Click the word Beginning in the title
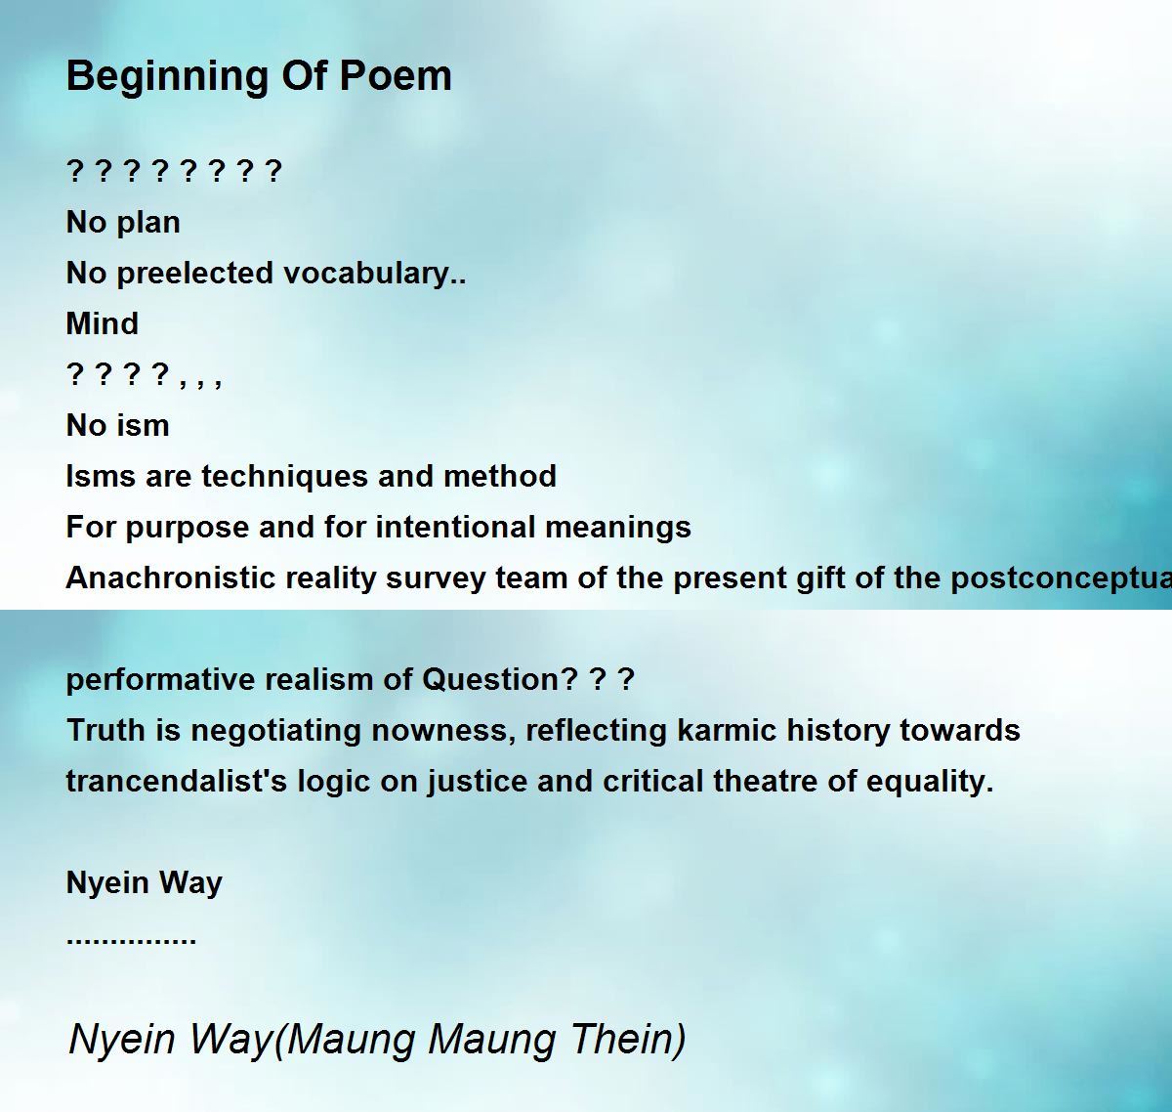click(168, 77)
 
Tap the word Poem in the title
click(396, 76)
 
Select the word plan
click(148, 224)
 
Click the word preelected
click(195, 275)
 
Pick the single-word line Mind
click(102, 324)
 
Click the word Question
click(499, 679)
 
